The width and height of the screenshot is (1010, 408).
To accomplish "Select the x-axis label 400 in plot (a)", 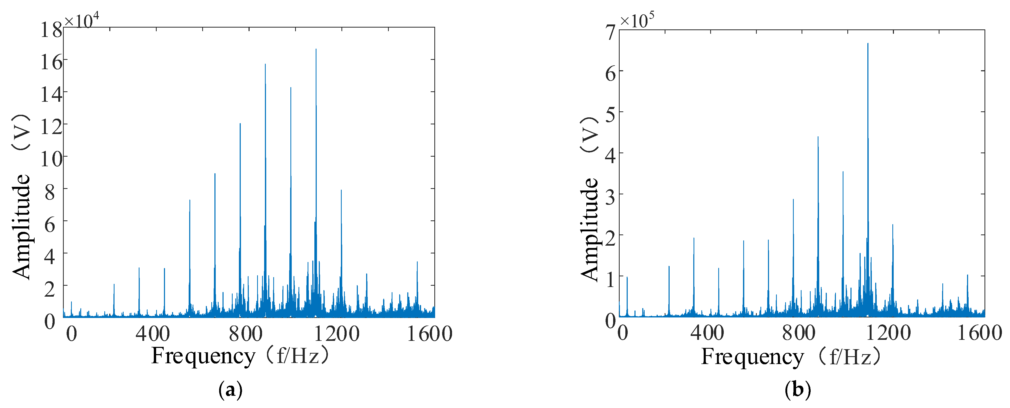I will point(153,334).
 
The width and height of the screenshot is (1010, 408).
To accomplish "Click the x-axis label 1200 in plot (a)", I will point(337,334).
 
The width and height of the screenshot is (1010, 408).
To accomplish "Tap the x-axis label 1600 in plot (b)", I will point(980,333).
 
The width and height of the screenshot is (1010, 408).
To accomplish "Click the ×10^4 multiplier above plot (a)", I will point(81,20).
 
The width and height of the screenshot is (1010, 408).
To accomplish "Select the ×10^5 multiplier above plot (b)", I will point(637,20).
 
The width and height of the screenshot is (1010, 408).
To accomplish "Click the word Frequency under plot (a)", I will point(203,357).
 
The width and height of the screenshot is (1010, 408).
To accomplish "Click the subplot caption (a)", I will point(230,390).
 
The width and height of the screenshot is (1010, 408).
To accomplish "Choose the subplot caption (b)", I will point(797,390).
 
